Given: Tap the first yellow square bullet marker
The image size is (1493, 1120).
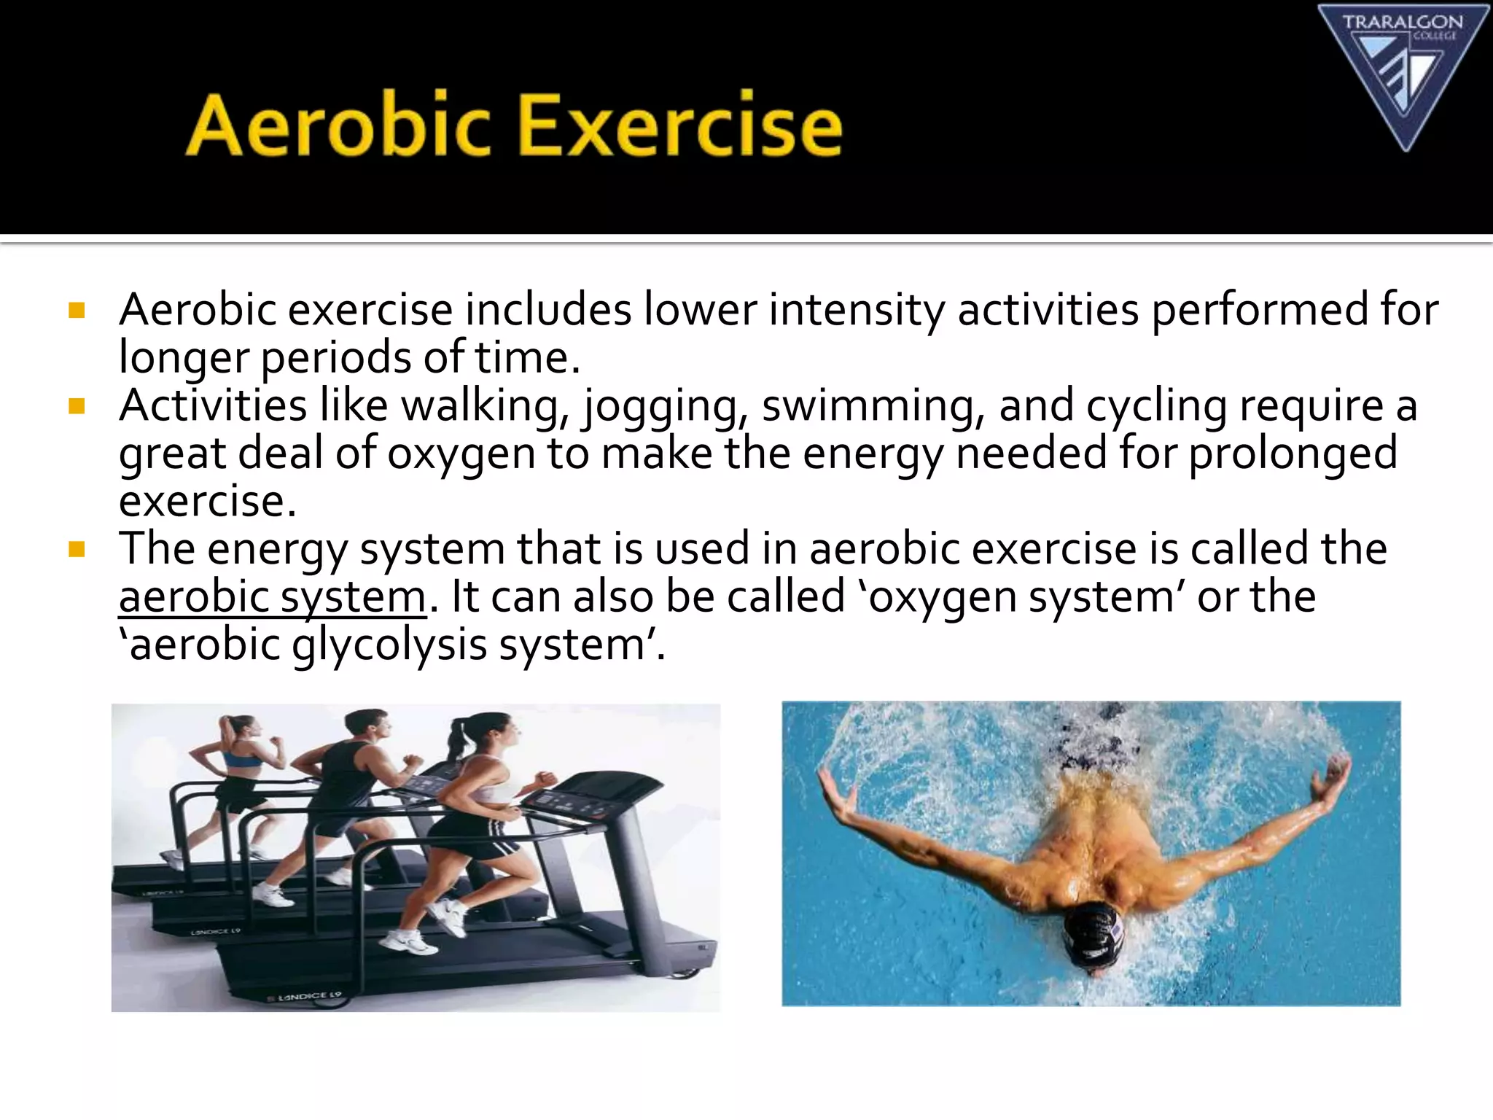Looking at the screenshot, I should point(77,311).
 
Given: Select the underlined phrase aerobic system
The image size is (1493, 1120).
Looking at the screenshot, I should point(272,597).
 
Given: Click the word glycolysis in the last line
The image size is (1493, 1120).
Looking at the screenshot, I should point(389,645).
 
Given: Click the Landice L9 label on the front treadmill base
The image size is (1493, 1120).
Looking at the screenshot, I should point(309,995).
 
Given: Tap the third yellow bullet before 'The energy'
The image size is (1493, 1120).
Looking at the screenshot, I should point(77,550).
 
